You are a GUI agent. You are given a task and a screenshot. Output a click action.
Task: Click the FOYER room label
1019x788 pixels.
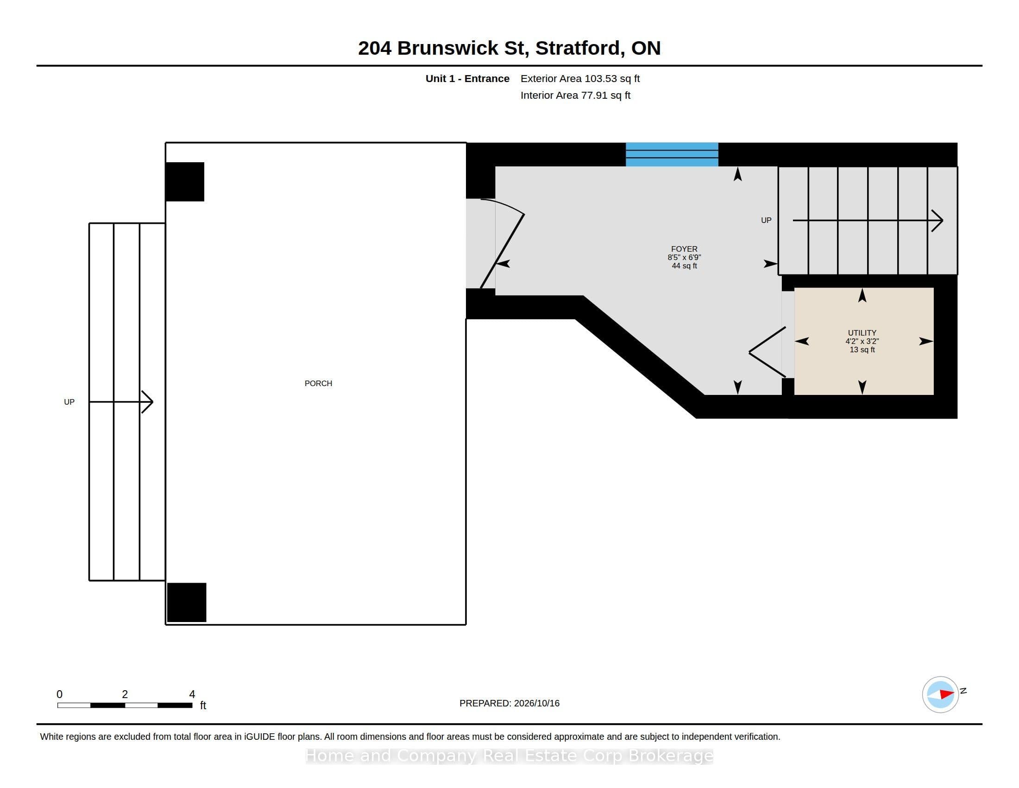(x=684, y=249)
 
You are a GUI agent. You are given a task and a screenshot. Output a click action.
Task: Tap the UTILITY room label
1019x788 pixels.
(x=862, y=333)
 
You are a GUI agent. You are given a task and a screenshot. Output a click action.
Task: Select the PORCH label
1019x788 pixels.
(x=318, y=383)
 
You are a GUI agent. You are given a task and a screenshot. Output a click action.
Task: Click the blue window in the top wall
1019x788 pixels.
(x=672, y=154)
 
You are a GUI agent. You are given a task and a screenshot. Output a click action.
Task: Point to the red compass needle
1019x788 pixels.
(x=946, y=694)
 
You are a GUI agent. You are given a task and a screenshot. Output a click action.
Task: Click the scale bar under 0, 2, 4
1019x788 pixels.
(x=125, y=705)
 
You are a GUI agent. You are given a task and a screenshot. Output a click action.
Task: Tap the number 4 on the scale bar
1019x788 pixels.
(x=192, y=694)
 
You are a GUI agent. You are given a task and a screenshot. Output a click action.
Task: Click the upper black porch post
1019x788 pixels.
(x=185, y=182)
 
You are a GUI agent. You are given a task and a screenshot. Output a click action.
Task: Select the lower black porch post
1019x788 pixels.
(x=187, y=602)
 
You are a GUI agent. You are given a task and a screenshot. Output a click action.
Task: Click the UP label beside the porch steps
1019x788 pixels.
(x=69, y=402)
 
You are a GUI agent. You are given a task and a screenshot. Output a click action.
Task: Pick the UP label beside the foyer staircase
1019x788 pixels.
(x=766, y=220)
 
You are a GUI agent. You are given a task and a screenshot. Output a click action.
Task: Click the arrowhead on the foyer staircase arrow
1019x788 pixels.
(x=937, y=220)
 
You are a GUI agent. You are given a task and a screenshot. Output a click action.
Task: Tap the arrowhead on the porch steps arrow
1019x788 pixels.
(x=147, y=401)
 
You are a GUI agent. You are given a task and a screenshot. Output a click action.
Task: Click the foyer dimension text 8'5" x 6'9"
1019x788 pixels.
(x=684, y=257)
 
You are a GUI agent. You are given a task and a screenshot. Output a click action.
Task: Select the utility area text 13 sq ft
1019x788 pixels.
(x=862, y=350)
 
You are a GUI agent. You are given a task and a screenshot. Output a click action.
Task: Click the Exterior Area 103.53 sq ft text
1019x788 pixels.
(x=580, y=78)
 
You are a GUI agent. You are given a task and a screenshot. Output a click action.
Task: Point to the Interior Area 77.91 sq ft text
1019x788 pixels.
(x=575, y=95)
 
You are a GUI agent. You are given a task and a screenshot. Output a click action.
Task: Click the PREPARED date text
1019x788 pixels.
(x=509, y=703)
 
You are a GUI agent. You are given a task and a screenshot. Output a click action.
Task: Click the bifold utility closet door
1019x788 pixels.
(x=767, y=352)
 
